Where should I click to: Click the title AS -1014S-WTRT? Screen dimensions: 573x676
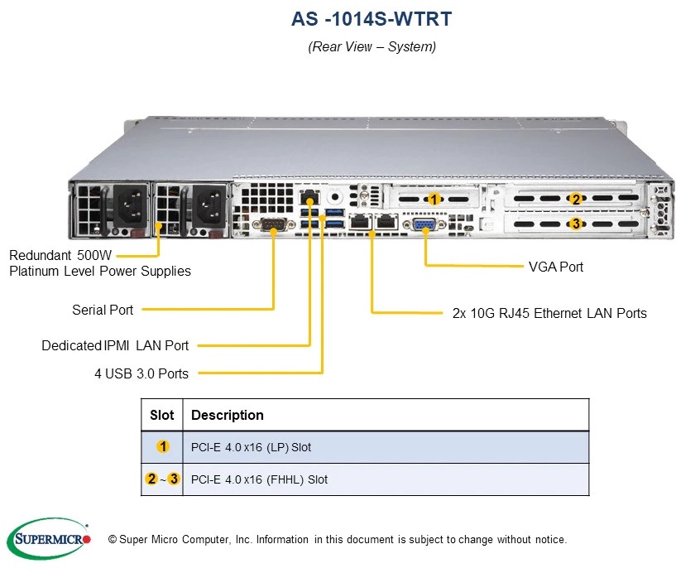pos(372,18)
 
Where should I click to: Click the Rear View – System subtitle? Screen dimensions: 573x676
pos(372,46)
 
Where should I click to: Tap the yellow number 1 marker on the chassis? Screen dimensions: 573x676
pos(434,199)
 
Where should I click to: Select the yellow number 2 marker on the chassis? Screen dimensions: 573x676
pos(576,199)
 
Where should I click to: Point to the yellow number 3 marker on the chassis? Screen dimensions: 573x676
pos(576,223)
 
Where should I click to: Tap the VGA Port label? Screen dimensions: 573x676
pos(555,267)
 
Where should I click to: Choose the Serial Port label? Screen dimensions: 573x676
pos(103,310)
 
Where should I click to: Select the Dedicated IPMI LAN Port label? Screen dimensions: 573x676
pos(115,345)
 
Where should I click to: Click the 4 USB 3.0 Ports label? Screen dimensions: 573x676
pos(141,373)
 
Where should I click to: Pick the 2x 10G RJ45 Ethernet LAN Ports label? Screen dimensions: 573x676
pos(549,313)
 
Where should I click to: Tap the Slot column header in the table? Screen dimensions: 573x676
pos(162,415)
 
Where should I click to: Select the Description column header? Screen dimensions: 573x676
pos(228,415)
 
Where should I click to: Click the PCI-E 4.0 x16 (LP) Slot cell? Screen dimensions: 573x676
pos(252,447)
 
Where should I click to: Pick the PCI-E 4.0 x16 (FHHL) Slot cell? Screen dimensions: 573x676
pos(260,479)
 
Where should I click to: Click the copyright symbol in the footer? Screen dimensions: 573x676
pos(113,539)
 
